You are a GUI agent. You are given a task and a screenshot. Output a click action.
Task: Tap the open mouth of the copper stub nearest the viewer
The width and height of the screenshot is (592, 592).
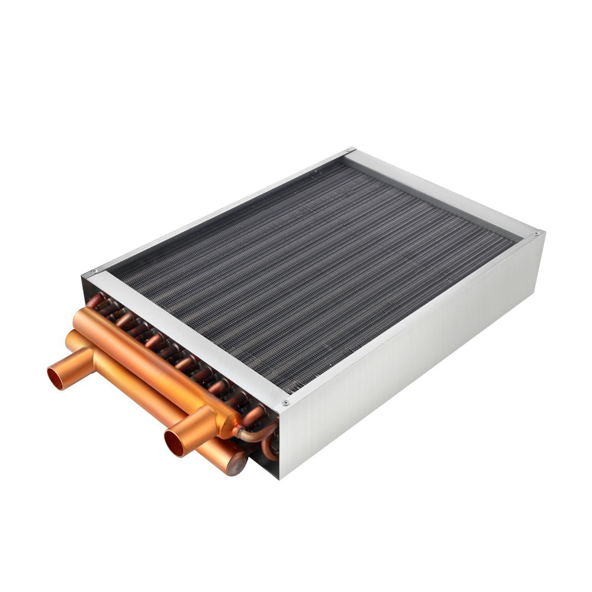(x=175, y=443)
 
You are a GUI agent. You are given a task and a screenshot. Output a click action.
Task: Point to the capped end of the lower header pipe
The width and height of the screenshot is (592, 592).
(x=237, y=463)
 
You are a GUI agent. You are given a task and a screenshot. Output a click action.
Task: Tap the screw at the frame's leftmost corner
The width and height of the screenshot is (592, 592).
(x=92, y=274)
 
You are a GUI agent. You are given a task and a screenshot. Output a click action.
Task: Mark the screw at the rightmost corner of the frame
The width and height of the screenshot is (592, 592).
(x=537, y=234)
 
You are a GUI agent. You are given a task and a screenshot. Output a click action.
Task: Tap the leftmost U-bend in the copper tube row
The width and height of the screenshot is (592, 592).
(x=95, y=301)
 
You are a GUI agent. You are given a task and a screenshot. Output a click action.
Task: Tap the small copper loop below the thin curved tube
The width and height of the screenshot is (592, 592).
(x=269, y=450)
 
